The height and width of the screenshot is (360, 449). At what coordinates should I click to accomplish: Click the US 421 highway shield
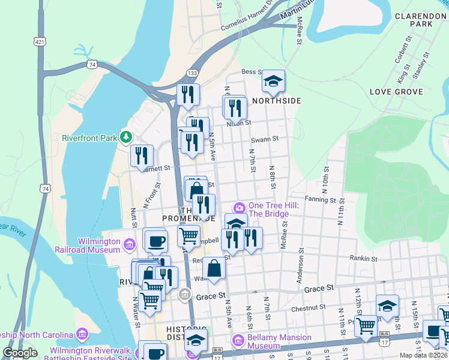(x=40, y=42)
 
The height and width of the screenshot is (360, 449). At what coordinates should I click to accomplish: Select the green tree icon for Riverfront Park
(x=126, y=137)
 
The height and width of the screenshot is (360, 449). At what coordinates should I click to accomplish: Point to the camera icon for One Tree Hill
(x=240, y=208)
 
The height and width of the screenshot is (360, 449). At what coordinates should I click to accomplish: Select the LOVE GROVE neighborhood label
(x=397, y=92)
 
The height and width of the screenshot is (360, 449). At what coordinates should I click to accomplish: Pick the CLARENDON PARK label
(x=413, y=19)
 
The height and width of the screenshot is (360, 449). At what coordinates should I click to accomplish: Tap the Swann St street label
(x=265, y=139)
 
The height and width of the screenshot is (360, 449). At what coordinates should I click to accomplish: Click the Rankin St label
(x=364, y=259)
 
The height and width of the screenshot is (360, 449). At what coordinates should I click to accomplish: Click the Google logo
(x=20, y=353)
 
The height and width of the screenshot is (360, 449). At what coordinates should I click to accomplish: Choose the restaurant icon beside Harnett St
(x=142, y=156)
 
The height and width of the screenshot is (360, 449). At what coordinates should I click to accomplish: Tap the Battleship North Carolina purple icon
(x=82, y=334)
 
